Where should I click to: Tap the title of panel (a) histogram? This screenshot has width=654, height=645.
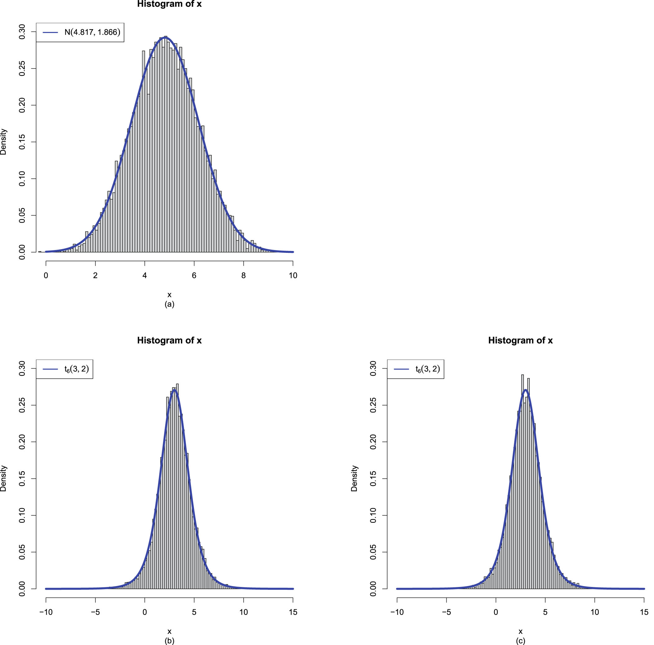[x=169, y=4]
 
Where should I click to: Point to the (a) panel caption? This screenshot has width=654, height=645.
[x=169, y=304]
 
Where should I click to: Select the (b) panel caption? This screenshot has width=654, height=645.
[x=169, y=641]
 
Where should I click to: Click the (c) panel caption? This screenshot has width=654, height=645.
[x=520, y=641]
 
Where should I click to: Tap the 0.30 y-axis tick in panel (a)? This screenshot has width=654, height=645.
[x=22, y=32]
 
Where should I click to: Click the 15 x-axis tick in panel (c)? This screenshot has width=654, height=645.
[x=644, y=612]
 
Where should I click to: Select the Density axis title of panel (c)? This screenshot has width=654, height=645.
[x=354, y=478]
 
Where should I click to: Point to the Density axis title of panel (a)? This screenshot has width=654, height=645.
[x=3, y=141]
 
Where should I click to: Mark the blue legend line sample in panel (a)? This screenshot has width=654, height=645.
[x=51, y=33]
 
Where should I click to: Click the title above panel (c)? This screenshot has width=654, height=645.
[x=520, y=340]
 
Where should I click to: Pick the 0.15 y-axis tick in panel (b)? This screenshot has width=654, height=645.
[x=22, y=479]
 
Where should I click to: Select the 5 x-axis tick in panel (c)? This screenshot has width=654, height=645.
[x=545, y=612]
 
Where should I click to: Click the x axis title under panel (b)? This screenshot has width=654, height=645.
[x=169, y=631]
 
